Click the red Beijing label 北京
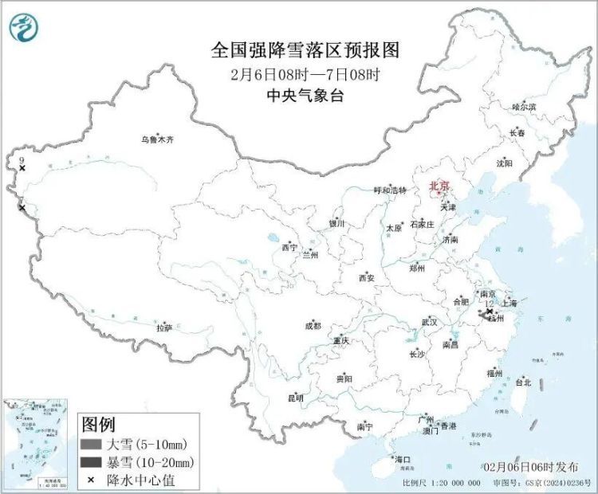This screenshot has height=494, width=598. point(439,186)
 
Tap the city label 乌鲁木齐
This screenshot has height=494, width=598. point(157,139)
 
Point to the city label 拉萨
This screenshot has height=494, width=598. point(164,327)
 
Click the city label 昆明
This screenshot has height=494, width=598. point(295,398)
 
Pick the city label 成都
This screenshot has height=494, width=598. point(313,325)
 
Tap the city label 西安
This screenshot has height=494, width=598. point(366,278)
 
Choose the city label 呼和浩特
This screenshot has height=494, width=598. point(390,190)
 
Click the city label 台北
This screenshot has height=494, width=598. point(523,382)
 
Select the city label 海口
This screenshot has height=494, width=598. point(402,460)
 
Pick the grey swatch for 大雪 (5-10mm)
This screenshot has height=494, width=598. point(92,444)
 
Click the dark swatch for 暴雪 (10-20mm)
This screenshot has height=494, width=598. point(92,462)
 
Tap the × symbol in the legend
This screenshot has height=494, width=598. point(91,480)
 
